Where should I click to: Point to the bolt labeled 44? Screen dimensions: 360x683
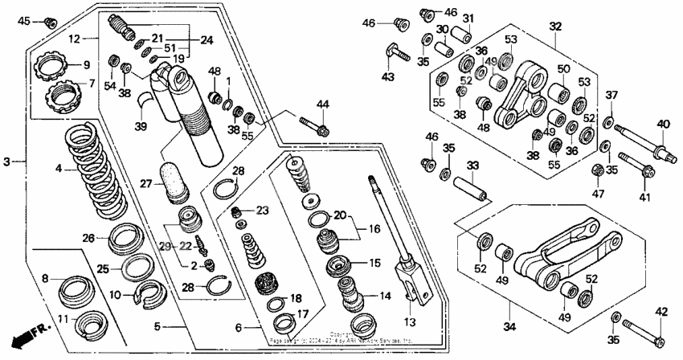[x=314, y=126]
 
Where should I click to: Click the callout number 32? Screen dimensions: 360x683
[x=554, y=26]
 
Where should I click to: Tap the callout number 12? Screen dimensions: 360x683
[x=74, y=39]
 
